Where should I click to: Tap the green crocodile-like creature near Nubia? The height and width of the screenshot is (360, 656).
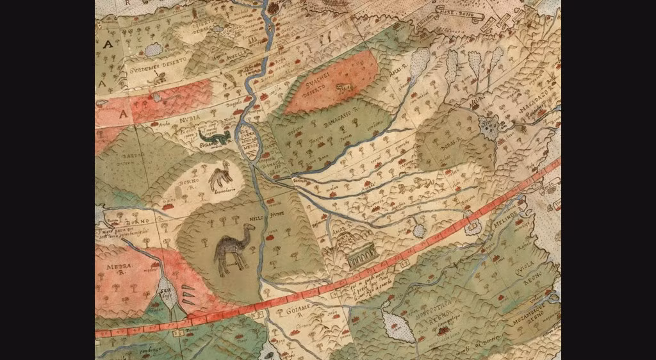point(215,136)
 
